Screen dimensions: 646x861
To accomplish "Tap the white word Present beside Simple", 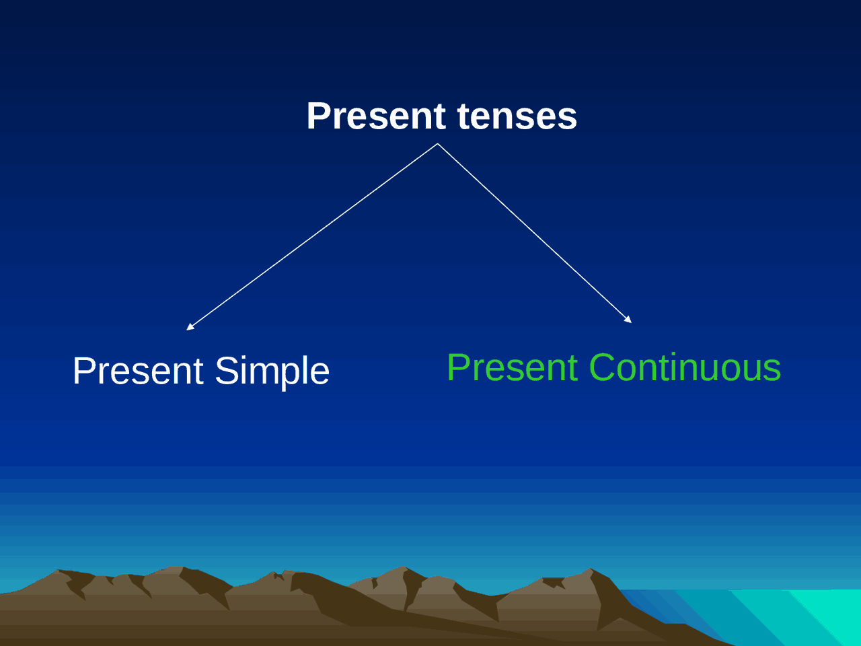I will click(138, 371).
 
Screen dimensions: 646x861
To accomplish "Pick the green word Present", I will click(512, 367).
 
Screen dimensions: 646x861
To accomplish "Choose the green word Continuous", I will click(685, 367).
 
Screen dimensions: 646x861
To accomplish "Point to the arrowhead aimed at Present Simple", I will click(190, 326).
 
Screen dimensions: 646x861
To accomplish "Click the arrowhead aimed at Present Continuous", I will click(628, 320).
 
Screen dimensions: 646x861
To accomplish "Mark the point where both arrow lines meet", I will click(437, 143).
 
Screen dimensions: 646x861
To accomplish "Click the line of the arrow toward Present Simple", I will click(313, 236).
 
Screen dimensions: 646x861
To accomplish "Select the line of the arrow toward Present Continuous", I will click(535, 233).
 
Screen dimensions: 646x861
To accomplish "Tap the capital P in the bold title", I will click(318, 116).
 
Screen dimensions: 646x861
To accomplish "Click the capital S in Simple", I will click(227, 371).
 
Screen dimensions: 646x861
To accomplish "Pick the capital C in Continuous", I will click(605, 367).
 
